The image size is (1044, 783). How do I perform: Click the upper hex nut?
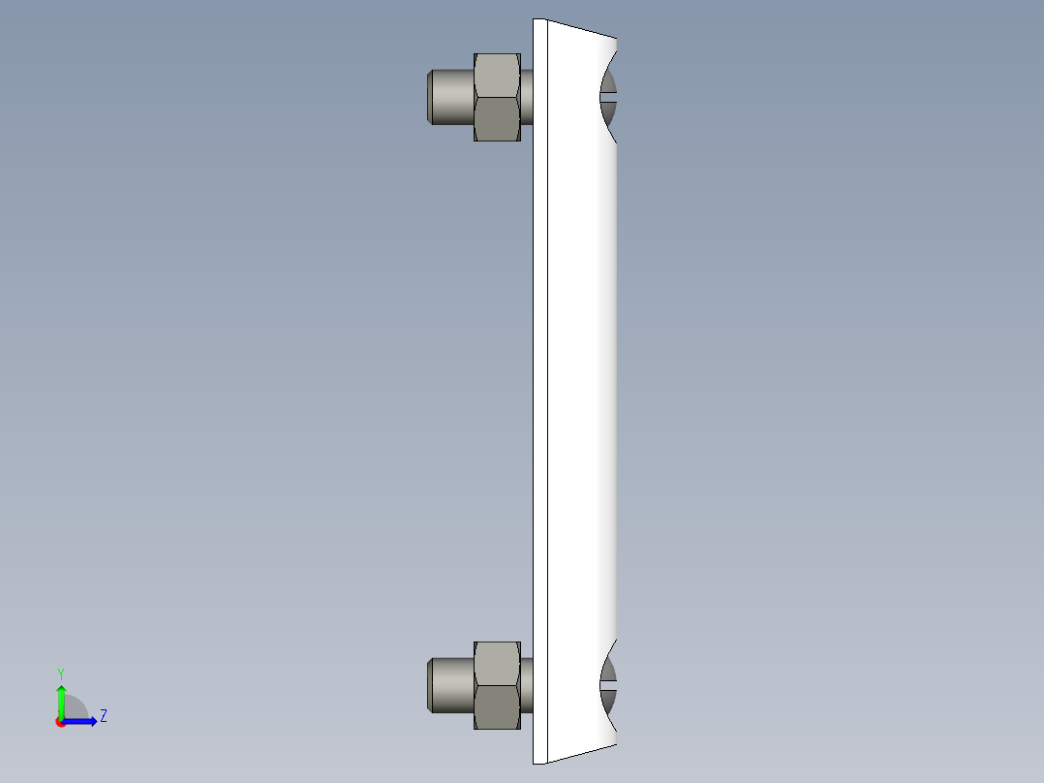[x=497, y=97]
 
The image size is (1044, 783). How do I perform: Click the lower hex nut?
[x=497, y=684]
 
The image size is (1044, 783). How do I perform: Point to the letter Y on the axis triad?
[x=60, y=673]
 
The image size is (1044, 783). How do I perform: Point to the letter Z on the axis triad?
[x=103, y=716]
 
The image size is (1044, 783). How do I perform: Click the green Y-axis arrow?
[x=60, y=700]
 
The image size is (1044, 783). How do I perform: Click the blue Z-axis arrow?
[x=83, y=721]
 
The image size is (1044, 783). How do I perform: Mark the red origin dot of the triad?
[x=60, y=722]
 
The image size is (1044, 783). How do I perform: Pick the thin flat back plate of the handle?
[x=539, y=388]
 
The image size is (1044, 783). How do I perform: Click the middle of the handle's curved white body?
[x=581, y=388]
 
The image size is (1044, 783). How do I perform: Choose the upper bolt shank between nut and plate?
[x=527, y=97]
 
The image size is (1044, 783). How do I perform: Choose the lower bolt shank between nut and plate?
[x=527, y=684]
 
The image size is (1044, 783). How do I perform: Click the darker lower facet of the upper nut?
[x=497, y=118]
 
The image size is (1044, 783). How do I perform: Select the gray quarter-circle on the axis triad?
[x=76, y=708]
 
